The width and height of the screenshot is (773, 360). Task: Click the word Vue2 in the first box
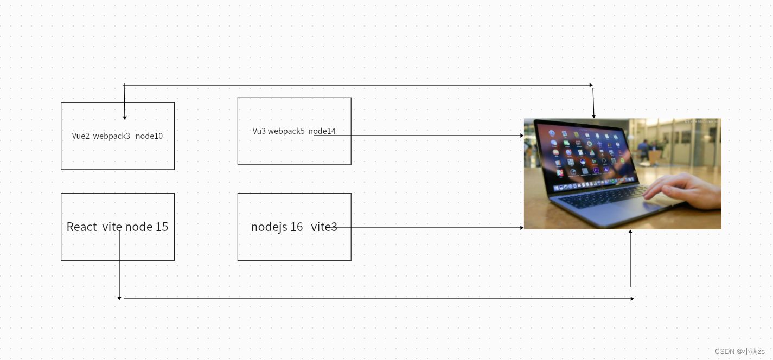(x=80, y=136)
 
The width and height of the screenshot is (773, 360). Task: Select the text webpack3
(x=111, y=136)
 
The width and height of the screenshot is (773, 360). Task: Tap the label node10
(x=149, y=136)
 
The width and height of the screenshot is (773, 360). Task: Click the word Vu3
(x=259, y=131)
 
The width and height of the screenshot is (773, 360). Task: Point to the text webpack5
(x=286, y=131)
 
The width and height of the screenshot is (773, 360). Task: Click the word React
(x=81, y=227)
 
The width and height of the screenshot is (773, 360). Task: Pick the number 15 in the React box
(x=162, y=227)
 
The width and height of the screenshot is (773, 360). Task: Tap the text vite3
(x=324, y=227)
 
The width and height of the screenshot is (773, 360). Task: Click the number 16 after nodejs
(x=296, y=227)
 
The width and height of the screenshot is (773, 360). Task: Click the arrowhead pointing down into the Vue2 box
(x=124, y=117)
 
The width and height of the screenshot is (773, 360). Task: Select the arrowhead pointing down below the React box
(x=119, y=298)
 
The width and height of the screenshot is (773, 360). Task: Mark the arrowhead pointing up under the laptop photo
(x=630, y=232)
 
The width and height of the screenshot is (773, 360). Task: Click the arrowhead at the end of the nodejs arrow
(x=521, y=228)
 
